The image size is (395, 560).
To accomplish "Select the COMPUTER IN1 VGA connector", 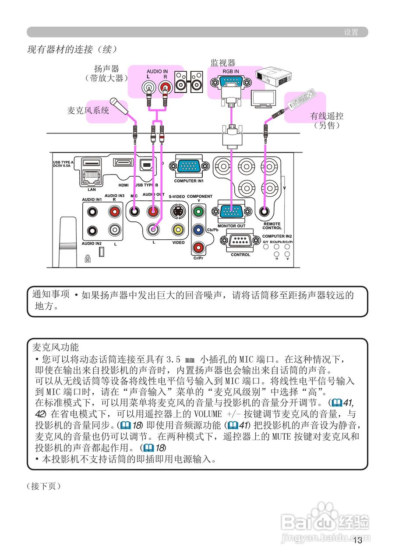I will coord(189,167).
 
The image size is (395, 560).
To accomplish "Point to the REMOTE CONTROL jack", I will coord(265,212).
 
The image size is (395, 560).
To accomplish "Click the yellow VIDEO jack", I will coord(178,228).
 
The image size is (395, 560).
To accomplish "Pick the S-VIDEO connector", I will coord(178,212).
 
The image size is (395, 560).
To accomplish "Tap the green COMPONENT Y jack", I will coord(198,212).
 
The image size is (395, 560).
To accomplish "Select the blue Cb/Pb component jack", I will coord(198,229).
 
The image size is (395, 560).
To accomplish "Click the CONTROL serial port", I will coord(240,241).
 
